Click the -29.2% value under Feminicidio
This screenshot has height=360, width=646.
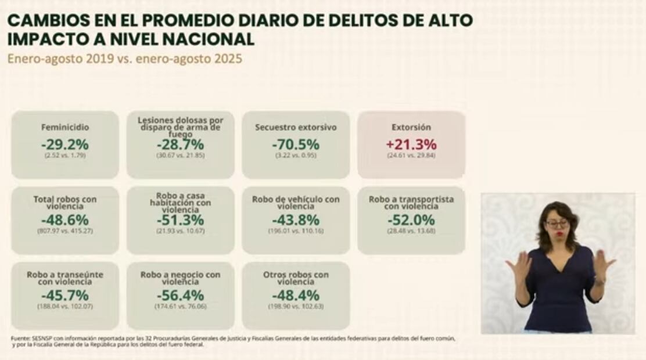[x=64, y=145]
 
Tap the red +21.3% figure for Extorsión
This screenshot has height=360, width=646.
[x=411, y=145]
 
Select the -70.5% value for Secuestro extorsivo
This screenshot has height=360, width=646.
[x=296, y=145]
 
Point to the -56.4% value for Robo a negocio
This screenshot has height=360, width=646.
[x=180, y=296]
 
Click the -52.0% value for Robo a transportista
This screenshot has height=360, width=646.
[x=411, y=220]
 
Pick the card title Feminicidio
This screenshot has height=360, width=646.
[x=64, y=127]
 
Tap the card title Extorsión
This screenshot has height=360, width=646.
[x=411, y=127]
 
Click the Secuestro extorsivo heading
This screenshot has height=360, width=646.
[x=296, y=127]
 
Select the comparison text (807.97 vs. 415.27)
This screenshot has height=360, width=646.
[x=64, y=231]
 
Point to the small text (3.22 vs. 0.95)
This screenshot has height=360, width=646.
[x=296, y=156]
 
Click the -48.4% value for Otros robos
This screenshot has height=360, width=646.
[x=296, y=296]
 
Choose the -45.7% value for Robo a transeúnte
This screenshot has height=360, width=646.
[x=64, y=296]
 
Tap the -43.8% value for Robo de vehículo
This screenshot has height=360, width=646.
[x=296, y=220]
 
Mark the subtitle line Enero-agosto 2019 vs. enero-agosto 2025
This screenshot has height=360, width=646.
[x=124, y=59]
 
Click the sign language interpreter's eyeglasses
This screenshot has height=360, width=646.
[x=556, y=224]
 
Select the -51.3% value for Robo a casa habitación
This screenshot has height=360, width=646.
[x=180, y=220]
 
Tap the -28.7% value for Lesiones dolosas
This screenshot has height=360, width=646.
[x=180, y=145]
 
